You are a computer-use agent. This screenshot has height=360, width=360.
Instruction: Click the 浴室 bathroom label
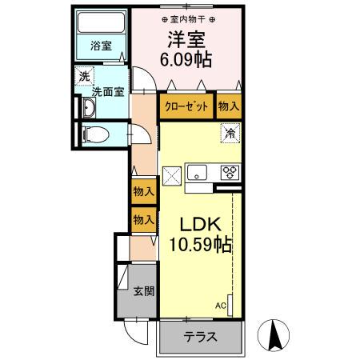point(100,46)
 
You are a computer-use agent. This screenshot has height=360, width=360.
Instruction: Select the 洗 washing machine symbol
point(84,77)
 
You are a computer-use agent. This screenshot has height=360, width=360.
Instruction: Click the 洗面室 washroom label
point(107,92)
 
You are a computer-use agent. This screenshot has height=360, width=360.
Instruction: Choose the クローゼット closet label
point(187,106)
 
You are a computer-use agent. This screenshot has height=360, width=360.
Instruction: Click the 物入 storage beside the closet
point(229,106)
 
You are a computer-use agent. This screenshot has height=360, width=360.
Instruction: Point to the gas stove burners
point(230,171)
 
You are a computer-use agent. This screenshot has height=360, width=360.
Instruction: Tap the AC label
point(220,306)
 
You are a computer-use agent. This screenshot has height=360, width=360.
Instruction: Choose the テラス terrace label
point(199,337)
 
